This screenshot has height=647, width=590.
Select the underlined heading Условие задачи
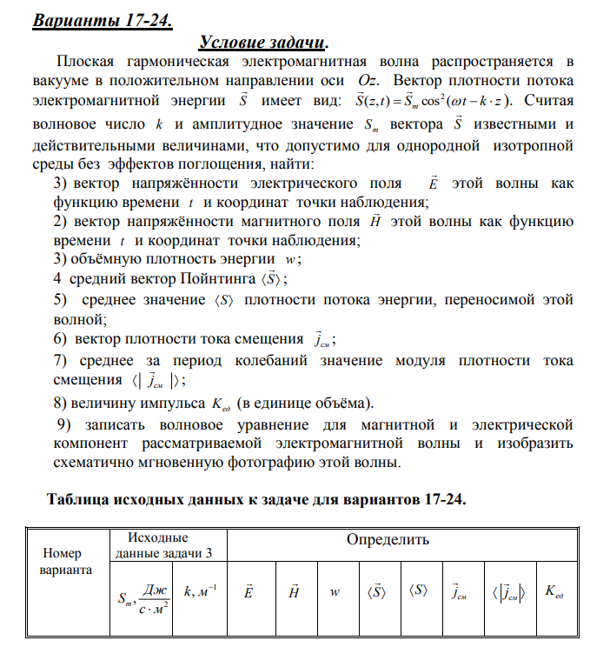[264, 42]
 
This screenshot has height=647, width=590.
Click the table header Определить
[388, 540]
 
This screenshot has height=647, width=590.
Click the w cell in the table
[334, 592]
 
